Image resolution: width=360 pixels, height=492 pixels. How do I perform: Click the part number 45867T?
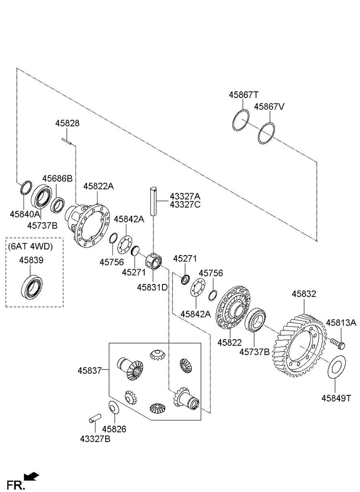(244, 95)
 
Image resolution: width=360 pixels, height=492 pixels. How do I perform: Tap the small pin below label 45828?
(67, 141)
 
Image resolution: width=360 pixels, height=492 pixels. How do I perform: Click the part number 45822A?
(98, 186)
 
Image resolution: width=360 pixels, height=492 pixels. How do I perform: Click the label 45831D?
(151, 287)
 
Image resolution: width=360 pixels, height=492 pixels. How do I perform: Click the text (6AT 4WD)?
(30, 246)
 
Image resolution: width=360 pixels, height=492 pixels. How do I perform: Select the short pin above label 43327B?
(94, 418)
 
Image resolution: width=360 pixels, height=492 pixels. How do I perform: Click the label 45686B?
(57, 178)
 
